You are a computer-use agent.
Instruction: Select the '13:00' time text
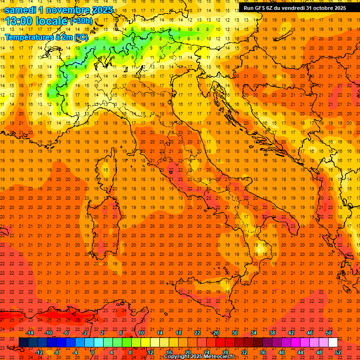coord(18,21)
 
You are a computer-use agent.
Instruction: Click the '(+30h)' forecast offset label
coord(81,21)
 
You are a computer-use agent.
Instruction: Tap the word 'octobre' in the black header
coord(318,8)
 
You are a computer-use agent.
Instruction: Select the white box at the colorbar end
coord(333,342)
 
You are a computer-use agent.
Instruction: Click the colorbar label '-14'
coord(30,333)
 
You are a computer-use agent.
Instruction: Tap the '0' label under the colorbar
coord(93,352)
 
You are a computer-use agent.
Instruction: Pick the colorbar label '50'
coord(329,333)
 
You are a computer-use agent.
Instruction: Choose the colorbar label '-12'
coord(39,352)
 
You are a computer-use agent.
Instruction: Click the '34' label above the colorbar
coord(254,333)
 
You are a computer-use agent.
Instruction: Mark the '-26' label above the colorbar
coord(215,333)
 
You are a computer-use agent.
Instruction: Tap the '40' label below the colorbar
coord(282,352)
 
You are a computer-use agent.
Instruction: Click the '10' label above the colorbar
coord(141,333)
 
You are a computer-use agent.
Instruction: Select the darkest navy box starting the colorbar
coord(23,342)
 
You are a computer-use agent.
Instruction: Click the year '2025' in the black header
coord(338,8)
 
